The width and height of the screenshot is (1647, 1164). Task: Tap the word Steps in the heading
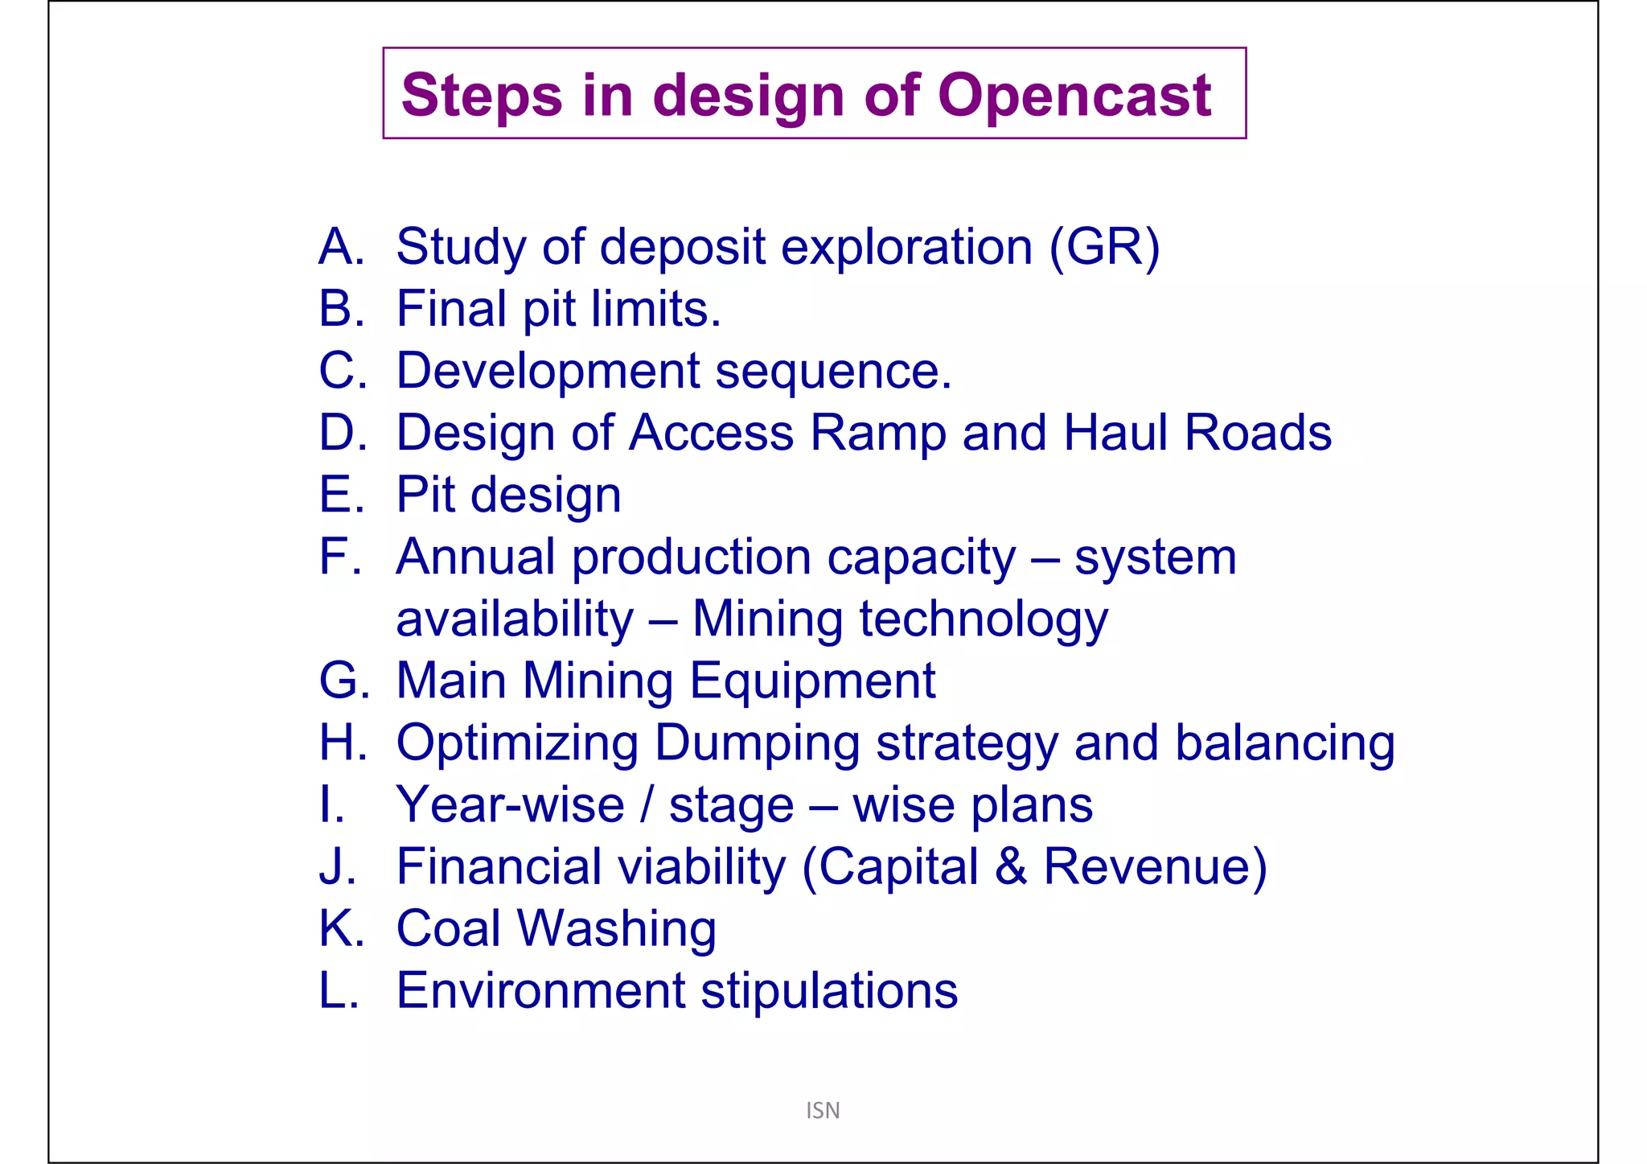[x=481, y=95]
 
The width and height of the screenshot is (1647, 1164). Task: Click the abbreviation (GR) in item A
[x=1104, y=247]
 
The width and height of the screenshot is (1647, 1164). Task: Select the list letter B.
[x=336, y=309]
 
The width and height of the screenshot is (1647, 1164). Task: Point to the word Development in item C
[x=548, y=371]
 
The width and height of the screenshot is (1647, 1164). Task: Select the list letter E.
[x=336, y=495]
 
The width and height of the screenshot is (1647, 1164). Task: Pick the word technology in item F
[x=984, y=620]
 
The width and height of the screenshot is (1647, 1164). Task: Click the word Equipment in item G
[x=812, y=681]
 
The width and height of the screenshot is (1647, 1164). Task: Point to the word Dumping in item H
[x=757, y=744]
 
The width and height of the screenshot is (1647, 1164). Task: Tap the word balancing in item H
[x=1284, y=744]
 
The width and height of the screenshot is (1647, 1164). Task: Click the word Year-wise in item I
[x=510, y=805]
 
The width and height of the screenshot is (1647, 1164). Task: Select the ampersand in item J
[x=1010, y=867]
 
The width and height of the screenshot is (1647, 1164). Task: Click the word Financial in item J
[x=499, y=867]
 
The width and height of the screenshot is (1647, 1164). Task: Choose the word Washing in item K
[x=616, y=930]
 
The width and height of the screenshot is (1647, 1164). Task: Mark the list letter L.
[x=335, y=991]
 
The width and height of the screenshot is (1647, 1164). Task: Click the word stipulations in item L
[x=829, y=991]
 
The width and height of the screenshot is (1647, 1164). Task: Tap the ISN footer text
[x=823, y=1110]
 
